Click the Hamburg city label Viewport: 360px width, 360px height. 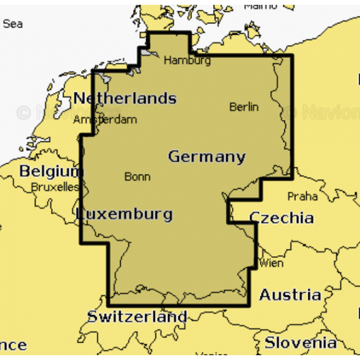pyautogui.click(x=187, y=60)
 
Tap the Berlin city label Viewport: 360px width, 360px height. pyautogui.click(x=244, y=107)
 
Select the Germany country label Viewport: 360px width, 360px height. pyautogui.click(x=206, y=157)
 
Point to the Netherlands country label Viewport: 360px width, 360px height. pyautogui.click(x=125, y=98)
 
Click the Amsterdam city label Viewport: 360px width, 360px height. pyautogui.click(x=105, y=119)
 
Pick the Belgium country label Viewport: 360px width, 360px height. pyautogui.click(x=50, y=171)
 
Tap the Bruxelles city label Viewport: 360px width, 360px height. pyautogui.click(x=55, y=187)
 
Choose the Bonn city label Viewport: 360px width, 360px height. pyautogui.click(x=137, y=176)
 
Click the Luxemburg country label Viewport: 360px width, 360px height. pyautogui.click(x=125, y=214)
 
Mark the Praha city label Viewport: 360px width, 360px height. pyautogui.click(x=302, y=196)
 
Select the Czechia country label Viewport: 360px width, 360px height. pyautogui.click(x=281, y=217)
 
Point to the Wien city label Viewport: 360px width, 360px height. pyautogui.click(x=272, y=263)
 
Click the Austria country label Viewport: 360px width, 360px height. pyautogui.click(x=290, y=295)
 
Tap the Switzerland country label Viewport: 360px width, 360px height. pyautogui.click(x=137, y=316)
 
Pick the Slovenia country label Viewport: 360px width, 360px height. pyautogui.click(x=301, y=343)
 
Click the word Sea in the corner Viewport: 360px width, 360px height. pyautogui.click(x=13, y=24)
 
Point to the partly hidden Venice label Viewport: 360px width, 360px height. pyautogui.click(x=211, y=355)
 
